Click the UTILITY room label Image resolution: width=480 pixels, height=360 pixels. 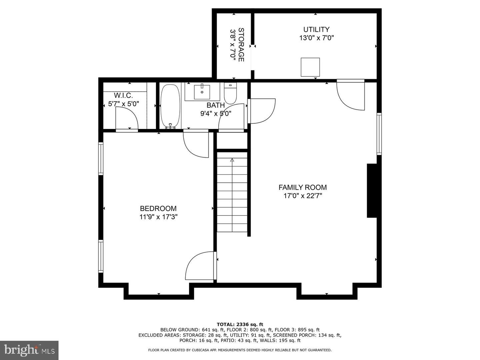pos(316,29)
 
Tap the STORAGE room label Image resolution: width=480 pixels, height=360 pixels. pos(241,45)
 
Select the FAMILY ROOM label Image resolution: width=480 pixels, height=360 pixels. pos(302,187)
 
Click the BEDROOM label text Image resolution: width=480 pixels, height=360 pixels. pos(158,209)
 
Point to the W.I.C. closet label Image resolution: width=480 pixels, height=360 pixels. pos(123,95)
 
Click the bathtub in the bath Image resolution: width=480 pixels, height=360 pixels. pos(170,106)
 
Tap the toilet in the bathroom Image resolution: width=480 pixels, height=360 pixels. pos(230,94)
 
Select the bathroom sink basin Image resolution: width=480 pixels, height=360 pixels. pos(202,92)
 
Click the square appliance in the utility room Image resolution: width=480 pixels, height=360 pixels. pos(310,67)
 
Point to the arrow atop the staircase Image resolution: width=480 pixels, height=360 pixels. pos(232,160)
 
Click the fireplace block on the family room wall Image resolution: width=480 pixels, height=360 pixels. pos(372,191)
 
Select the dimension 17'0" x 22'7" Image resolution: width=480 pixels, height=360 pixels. pos(302,196)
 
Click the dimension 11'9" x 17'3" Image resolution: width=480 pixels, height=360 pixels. pos(158,217)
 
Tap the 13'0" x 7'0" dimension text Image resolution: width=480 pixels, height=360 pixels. pos(316,38)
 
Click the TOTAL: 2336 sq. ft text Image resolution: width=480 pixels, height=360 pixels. pos(240,324)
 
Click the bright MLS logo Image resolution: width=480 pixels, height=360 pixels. pos(29,350)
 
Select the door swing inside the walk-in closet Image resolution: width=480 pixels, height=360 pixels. pos(127,119)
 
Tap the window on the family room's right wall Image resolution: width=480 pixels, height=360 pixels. pos(379,134)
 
